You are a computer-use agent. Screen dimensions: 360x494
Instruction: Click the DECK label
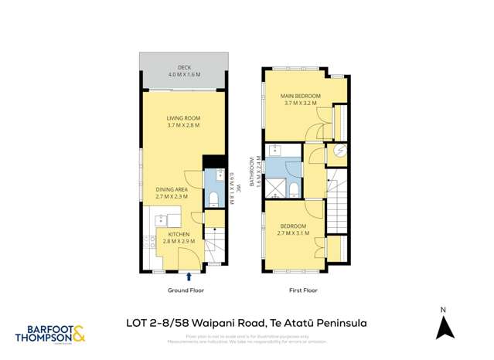click(183, 66)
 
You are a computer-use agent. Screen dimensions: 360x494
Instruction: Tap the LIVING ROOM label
click(183, 117)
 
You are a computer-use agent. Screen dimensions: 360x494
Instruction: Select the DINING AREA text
click(172, 189)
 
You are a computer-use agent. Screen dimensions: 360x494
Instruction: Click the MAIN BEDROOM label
click(301, 96)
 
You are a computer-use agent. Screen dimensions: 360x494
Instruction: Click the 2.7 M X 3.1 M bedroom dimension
click(295, 233)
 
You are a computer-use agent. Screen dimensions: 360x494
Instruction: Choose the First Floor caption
click(304, 291)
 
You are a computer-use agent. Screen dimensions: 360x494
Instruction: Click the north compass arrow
click(443, 328)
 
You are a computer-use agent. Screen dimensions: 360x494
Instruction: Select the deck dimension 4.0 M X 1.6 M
click(183, 74)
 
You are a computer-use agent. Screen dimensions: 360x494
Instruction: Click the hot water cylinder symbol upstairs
click(338, 153)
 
